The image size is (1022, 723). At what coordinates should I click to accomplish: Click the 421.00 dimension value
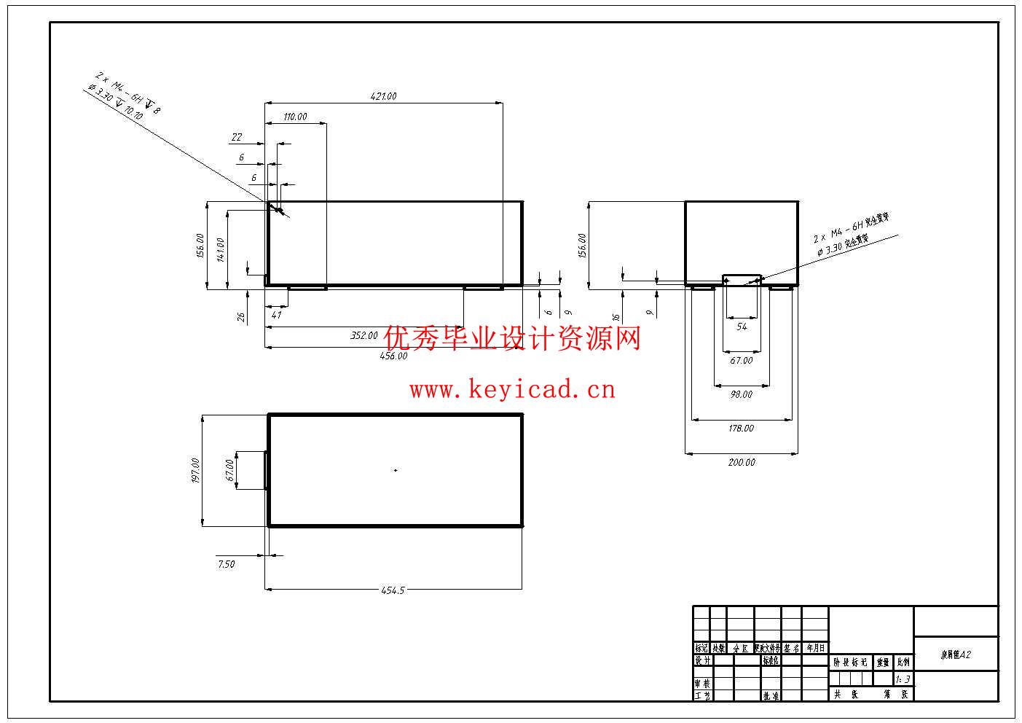pos(383,96)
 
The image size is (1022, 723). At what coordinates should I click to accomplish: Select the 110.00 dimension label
pos(294,117)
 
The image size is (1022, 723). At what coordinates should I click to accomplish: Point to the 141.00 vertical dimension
pos(220,249)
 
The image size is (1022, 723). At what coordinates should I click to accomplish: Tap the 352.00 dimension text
pos(363,336)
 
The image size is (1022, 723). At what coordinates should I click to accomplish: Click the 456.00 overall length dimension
pos(393,356)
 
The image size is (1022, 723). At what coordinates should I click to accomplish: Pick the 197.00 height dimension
pos(194,470)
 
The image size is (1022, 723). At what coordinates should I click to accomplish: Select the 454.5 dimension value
pos(392,591)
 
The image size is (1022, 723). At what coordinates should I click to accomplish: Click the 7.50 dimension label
pos(226,564)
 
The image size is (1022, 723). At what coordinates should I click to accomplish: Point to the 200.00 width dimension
pos(742,462)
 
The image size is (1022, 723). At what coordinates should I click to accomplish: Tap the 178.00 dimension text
pos(741,429)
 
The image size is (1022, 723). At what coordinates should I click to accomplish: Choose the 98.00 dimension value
pos(741,394)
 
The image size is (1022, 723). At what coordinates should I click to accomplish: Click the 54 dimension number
pos(742,327)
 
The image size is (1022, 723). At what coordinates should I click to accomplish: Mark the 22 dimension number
pos(236,137)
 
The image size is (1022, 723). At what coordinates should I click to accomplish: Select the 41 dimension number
pos(276,316)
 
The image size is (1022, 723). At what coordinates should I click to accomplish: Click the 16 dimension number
pos(616,318)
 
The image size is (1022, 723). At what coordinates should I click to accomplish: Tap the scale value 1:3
pos(903,679)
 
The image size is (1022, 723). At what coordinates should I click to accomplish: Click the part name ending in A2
pos(956,655)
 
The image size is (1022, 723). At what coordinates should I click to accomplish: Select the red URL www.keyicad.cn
pos(512,390)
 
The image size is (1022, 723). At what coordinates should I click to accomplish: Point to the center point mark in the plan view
pos(396,470)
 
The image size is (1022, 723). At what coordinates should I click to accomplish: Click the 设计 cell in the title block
pos(702,660)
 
